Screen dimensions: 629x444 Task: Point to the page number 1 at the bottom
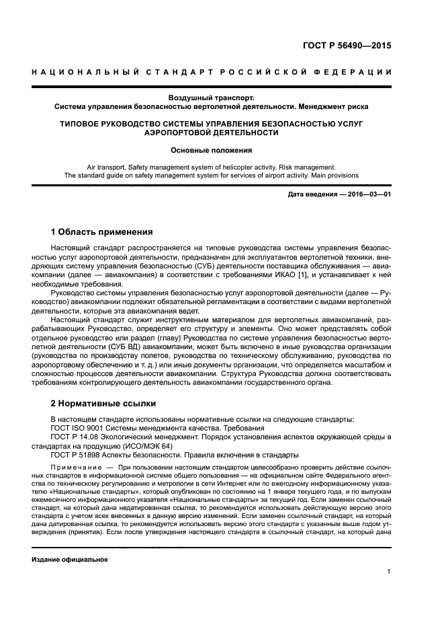click(389, 572)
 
